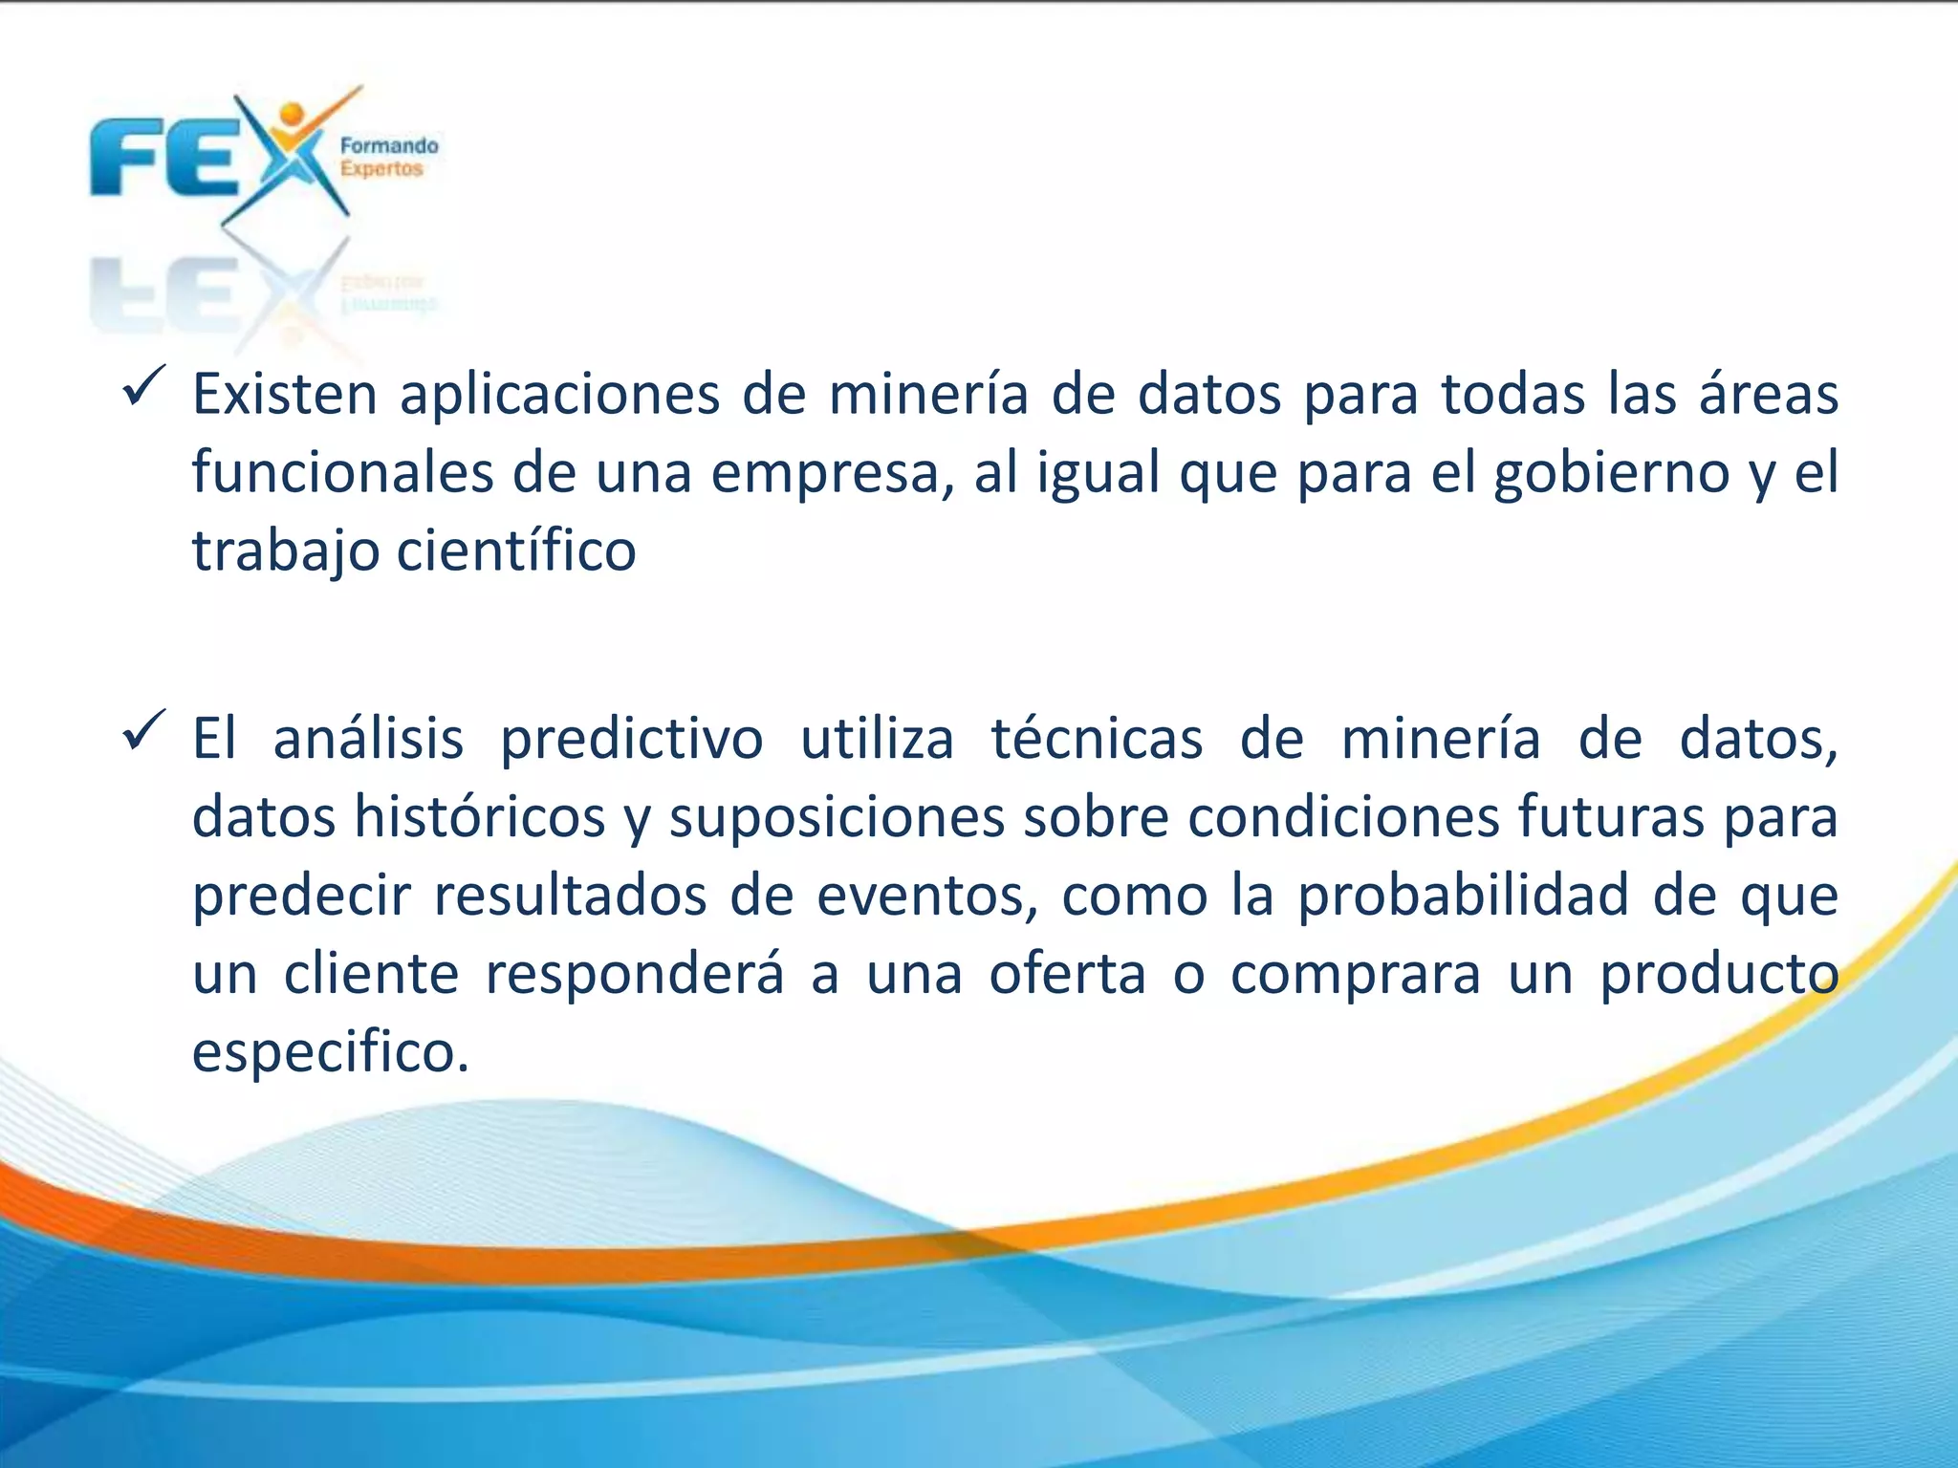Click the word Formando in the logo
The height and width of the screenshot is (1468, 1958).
coord(389,146)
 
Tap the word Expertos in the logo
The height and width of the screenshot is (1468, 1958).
coord(381,169)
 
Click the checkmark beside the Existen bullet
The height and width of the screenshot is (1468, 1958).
coord(144,387)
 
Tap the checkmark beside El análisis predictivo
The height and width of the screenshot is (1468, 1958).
coord(144,731)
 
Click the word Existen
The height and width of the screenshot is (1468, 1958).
coord(285,394)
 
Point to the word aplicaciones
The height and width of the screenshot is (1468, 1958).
coord(559,394)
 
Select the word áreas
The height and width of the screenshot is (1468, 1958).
coord(1768,394)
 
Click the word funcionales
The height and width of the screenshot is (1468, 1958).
coord(343,472)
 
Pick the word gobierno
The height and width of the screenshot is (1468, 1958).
coord(1612,472)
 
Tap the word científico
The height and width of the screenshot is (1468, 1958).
coord(516,551)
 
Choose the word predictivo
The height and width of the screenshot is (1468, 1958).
coord(632,739)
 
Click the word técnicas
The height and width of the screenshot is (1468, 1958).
coord(1097,739)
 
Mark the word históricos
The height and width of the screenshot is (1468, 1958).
coord(480,817)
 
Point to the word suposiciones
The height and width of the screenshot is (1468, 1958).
coord(837,817)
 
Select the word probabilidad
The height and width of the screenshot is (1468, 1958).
coord(1463,896)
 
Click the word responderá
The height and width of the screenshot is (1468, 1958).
coord(635,974)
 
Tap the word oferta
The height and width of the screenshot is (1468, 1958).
coord(1067,974)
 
